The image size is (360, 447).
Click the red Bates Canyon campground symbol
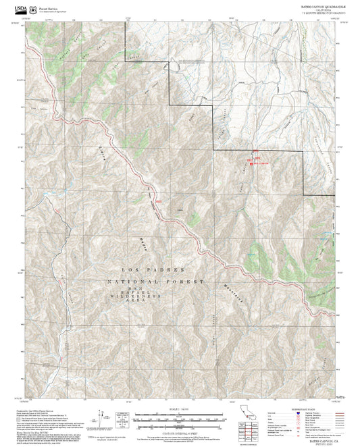(x=251, y=163)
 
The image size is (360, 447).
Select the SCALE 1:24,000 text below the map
(x=180, y=410)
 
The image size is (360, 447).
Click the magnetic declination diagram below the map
(x=104, y=419)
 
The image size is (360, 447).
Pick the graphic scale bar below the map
(x=180, y=418)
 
